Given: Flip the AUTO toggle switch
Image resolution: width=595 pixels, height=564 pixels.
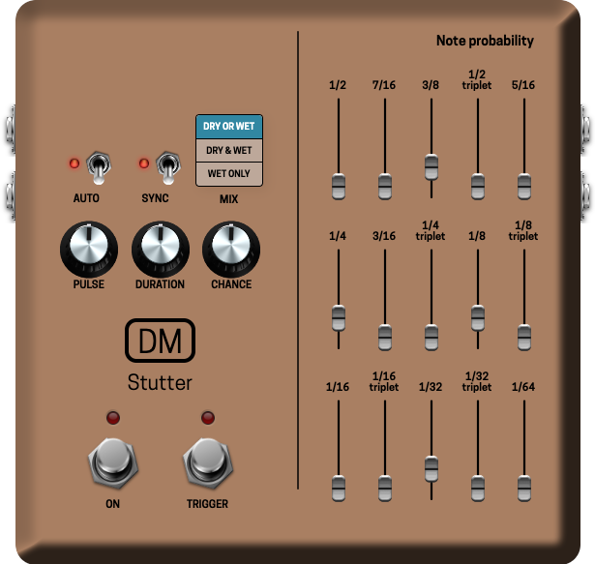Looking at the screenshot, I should pyautogui.click(x=98, y=167).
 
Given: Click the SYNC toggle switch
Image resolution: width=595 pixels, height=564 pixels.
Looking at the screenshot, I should pyautogui.click(x=168, y=167).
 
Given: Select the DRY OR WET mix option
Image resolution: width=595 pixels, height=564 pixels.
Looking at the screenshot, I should pyautogui.click(x=229, y=127).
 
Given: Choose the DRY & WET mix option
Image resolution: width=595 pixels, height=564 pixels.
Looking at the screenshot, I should pyautogui.click(x=229, y=151).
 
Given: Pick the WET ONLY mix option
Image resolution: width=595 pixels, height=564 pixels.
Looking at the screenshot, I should pyautogui.click(x=229, y=174).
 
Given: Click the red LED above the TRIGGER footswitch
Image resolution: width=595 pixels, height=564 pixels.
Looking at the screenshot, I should pyautogui.click(x=207, y=418).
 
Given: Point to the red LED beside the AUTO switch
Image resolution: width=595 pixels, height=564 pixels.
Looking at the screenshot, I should pyautogui.click(x=74, y=163).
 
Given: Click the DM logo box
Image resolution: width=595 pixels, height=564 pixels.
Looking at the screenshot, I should pyautogui.click(x=161, y=341).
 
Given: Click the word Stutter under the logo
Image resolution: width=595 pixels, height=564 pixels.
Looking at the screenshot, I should pyautogui.click(x=161, y=383).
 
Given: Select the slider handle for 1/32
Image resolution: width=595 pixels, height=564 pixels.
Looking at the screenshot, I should pyautogui.click(x=431, y=468).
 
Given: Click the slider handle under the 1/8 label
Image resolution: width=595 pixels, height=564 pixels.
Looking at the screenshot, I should pyautogui.click(x=478, y=317).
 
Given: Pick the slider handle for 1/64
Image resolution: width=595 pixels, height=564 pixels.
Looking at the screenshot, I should pyautogui.click(x=524, y=487).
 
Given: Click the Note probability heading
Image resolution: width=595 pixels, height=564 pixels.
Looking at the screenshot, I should pyautogui.click(x=485, y=41).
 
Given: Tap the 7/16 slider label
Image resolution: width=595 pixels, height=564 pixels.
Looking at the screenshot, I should pyautogui.click(x=385, y=85).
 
